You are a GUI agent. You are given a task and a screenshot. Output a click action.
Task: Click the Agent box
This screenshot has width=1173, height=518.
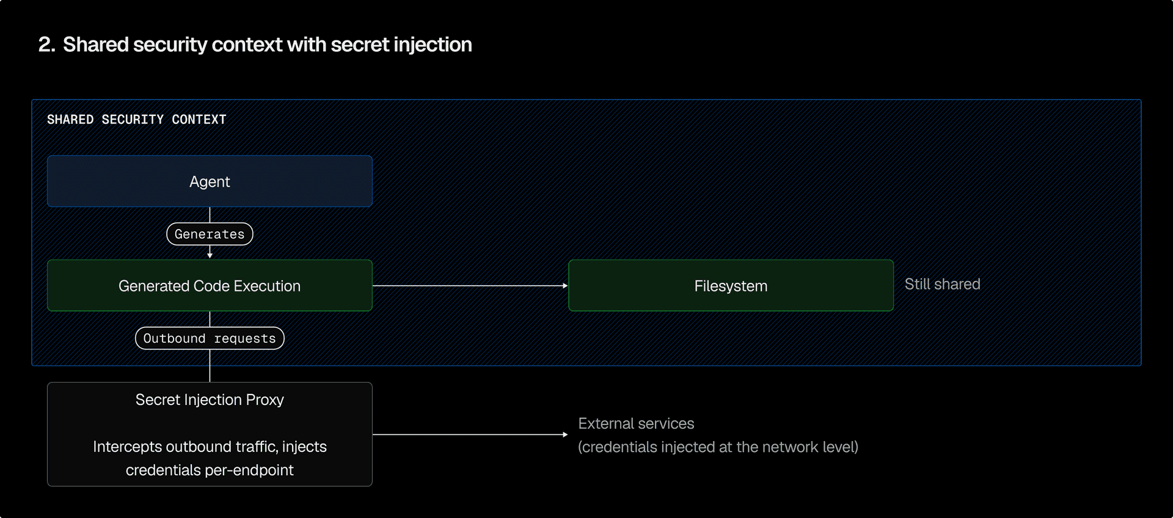click(x=210, y=181)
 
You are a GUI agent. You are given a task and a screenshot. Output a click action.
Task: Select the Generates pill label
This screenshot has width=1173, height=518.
click(x=210, y=234)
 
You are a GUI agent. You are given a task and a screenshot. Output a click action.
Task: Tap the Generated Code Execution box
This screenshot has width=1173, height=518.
click(x=210, y=286)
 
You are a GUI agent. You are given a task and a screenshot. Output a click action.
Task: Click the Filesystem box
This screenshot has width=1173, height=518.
click(x=731, y=286)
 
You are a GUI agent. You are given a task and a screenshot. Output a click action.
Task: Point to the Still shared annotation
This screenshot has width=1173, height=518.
click(x=942, y=284)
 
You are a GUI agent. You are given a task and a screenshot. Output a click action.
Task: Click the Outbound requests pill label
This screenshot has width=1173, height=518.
click(x=210, y=338)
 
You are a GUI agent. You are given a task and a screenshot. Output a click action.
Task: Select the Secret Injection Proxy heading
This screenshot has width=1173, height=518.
click(x=210, y=399)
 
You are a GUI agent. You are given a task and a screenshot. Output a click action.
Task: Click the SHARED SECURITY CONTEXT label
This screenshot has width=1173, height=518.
click(x=136, y=120)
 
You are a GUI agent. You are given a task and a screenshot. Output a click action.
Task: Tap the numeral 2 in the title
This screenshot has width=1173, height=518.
click(x=45, y=45)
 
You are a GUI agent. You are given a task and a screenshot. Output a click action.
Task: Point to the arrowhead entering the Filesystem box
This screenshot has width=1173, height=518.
click(x=565, y=285)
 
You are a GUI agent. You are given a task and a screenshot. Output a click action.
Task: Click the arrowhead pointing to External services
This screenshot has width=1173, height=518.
click(x=565, y=434)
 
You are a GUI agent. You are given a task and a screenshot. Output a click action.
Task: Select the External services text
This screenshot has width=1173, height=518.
click(x=636, y=423)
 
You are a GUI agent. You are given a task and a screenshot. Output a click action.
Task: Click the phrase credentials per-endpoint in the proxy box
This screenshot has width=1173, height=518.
click(x=210, y=470)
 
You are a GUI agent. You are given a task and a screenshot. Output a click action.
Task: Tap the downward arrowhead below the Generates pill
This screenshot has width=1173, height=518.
click(x=210, y=255)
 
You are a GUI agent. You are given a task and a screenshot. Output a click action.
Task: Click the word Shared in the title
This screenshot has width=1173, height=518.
click(x=96, y=45)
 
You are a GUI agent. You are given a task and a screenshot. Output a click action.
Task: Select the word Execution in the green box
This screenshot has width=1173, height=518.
click(x=267, y=286)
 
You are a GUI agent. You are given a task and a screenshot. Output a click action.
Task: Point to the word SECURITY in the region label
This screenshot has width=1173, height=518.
click(x=133, y=120)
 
